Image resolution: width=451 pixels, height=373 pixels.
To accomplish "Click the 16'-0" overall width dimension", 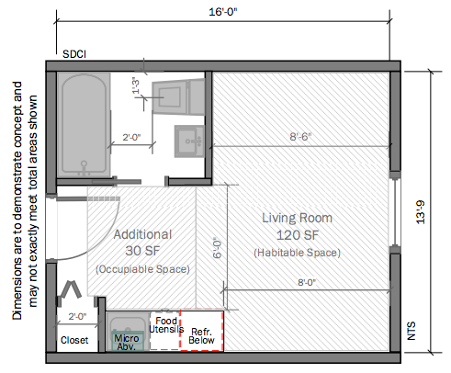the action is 223,12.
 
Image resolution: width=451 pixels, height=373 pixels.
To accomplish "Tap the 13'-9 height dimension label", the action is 421,212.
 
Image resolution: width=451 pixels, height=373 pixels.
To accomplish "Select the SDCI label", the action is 74,54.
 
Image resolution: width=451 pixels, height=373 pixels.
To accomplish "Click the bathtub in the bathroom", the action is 84,125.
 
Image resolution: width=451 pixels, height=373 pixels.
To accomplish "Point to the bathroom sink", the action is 189,141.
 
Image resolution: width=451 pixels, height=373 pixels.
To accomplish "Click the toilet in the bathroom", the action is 178,96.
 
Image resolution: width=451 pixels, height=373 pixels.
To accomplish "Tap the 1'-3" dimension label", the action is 136,85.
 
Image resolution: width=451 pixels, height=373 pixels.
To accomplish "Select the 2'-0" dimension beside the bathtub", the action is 131,137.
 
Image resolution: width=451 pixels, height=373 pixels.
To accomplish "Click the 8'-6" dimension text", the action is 300,137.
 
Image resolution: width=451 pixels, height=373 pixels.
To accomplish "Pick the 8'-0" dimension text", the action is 307,282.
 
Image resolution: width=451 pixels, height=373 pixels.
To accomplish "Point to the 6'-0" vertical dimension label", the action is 217,248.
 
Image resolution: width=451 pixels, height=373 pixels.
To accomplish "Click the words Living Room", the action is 297,218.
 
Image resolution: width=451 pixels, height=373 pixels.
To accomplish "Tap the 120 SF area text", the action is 298,235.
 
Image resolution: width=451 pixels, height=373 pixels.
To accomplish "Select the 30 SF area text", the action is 142,251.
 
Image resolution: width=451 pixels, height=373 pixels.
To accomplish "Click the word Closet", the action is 74,340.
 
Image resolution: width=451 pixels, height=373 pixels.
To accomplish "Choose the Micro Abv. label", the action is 127,343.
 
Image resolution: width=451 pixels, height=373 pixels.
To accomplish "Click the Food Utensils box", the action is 165,331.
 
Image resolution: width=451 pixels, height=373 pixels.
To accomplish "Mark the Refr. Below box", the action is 202,330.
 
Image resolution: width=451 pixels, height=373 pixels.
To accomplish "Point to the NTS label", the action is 412,331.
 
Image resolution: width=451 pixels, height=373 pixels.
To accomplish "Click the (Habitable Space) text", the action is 297,253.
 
